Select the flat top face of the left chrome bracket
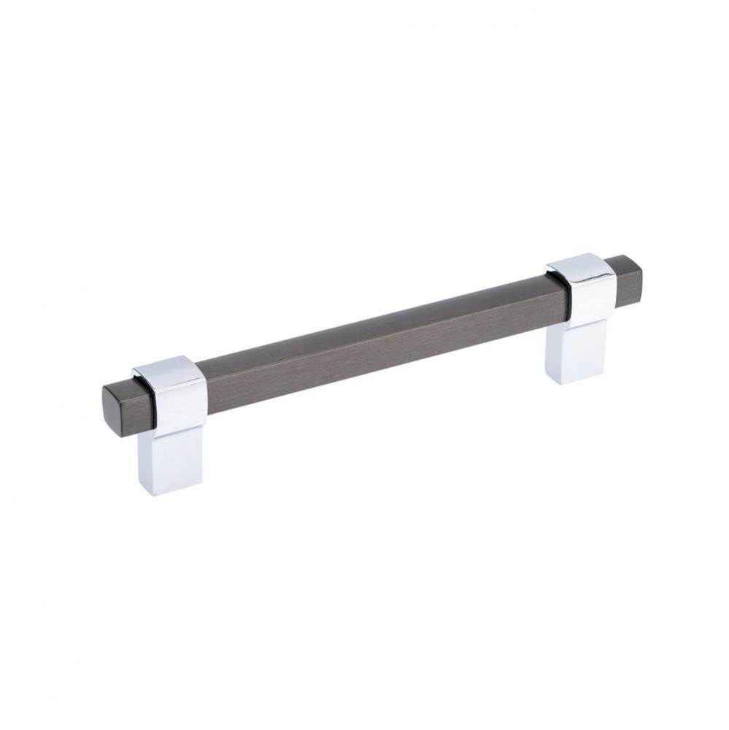167,368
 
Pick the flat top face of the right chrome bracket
579,265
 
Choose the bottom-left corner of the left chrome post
139,486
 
